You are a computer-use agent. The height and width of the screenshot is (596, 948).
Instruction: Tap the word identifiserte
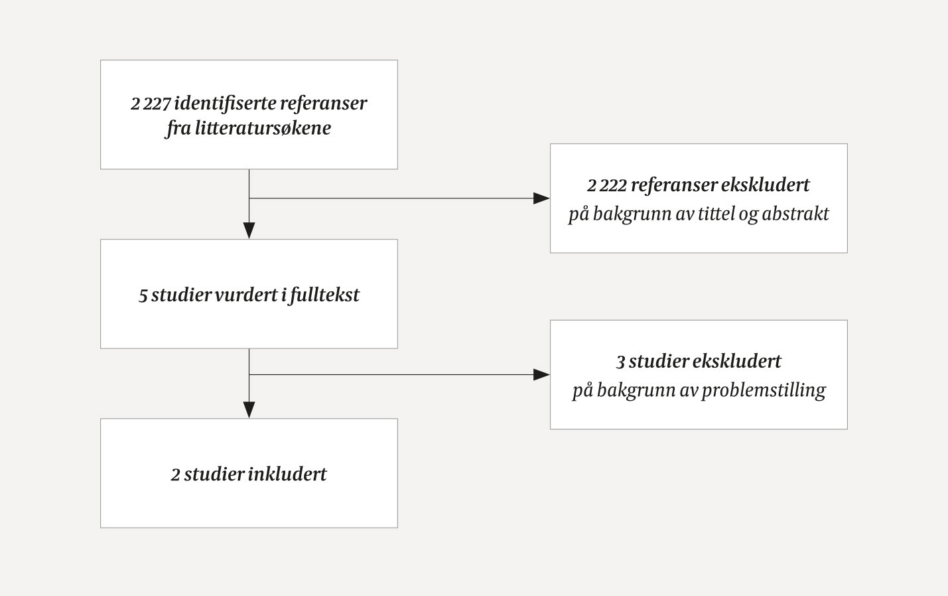click(x=225, y=104)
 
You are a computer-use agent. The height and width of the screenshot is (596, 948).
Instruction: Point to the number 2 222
click(x=606, y=185)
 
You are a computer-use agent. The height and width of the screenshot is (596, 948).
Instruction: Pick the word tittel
click(x=716, y=214)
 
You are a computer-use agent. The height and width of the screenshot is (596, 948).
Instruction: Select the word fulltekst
click(x=324, y=295)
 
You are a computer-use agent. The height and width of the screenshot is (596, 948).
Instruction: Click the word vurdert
click(x=251, y=295)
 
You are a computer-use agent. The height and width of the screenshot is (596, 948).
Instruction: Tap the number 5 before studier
click(x=143, y=295)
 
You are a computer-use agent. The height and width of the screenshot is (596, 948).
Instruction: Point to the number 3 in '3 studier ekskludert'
click(x=621, y=362)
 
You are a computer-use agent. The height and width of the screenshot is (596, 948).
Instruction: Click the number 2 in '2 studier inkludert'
click(x=176, y=475)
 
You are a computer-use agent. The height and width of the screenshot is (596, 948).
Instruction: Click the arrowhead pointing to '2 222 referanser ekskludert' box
click(x=542, y=198)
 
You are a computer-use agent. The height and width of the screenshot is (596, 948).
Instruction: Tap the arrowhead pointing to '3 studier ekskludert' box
click(x=542, y=375)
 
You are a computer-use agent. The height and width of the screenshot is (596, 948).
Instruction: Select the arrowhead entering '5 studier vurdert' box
click(x=249, y=230)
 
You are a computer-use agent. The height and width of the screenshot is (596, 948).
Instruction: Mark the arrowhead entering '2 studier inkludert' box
click(x=249, y=410)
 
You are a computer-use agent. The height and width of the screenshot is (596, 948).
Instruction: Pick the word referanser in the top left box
click(x=323, y=104)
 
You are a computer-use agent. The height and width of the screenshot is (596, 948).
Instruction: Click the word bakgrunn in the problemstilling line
click(x=636, y=390)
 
